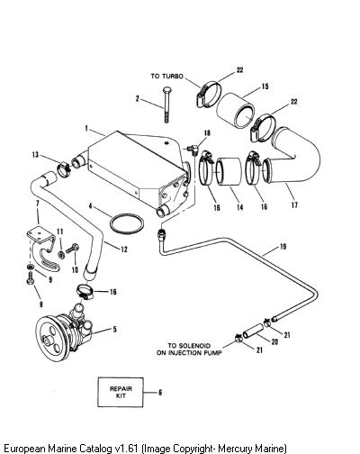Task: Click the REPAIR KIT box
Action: click(121, 392)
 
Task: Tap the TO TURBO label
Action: click(166, 77)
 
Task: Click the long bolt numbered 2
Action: click(166, 104)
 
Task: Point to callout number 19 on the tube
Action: click(283, 247)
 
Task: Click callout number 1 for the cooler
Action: click(86, 129)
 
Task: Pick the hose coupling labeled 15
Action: click(236, 110)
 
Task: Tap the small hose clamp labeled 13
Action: click(65, 169)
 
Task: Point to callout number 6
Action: click(160, 392)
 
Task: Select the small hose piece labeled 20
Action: click(254, 331)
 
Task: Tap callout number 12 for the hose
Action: click(124, 250)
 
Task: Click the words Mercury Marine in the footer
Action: click(251, 449)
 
